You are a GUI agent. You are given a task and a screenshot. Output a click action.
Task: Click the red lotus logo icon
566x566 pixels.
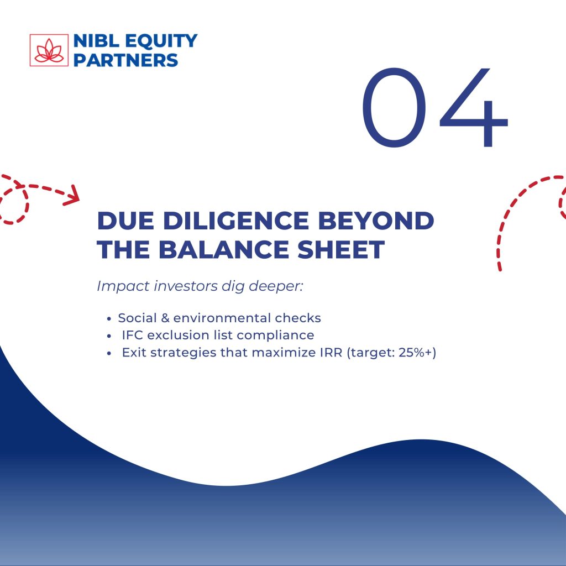click(49, 50)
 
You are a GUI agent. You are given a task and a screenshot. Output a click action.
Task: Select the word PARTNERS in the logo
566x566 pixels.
click(126, 60)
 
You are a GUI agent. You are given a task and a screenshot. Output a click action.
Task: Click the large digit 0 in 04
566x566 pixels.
click(394, 108)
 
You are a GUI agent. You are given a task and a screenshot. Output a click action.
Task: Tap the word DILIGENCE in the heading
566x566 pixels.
click(236, 221)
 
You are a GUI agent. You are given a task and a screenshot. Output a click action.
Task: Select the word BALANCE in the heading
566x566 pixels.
click(224, 249)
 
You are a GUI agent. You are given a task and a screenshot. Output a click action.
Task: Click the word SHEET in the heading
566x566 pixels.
click(341, 249)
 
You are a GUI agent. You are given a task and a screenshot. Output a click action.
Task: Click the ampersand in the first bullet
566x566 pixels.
click(165, 318)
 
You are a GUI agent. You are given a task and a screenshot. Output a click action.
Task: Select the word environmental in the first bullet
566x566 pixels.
click(222, 318)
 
